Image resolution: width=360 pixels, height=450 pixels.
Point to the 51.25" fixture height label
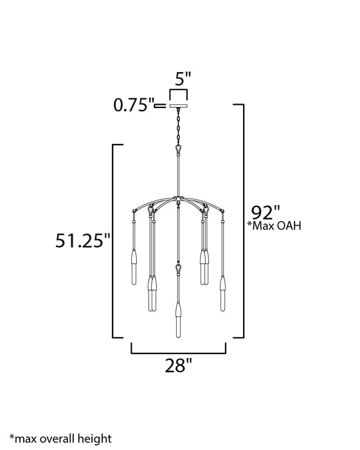[x=82, y=242]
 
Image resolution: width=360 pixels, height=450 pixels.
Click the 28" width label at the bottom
[x=178, y=366]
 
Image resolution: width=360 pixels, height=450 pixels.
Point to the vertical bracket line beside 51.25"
[x=113, y=241]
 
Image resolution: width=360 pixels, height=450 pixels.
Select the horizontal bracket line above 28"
[x=179, y=352]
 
